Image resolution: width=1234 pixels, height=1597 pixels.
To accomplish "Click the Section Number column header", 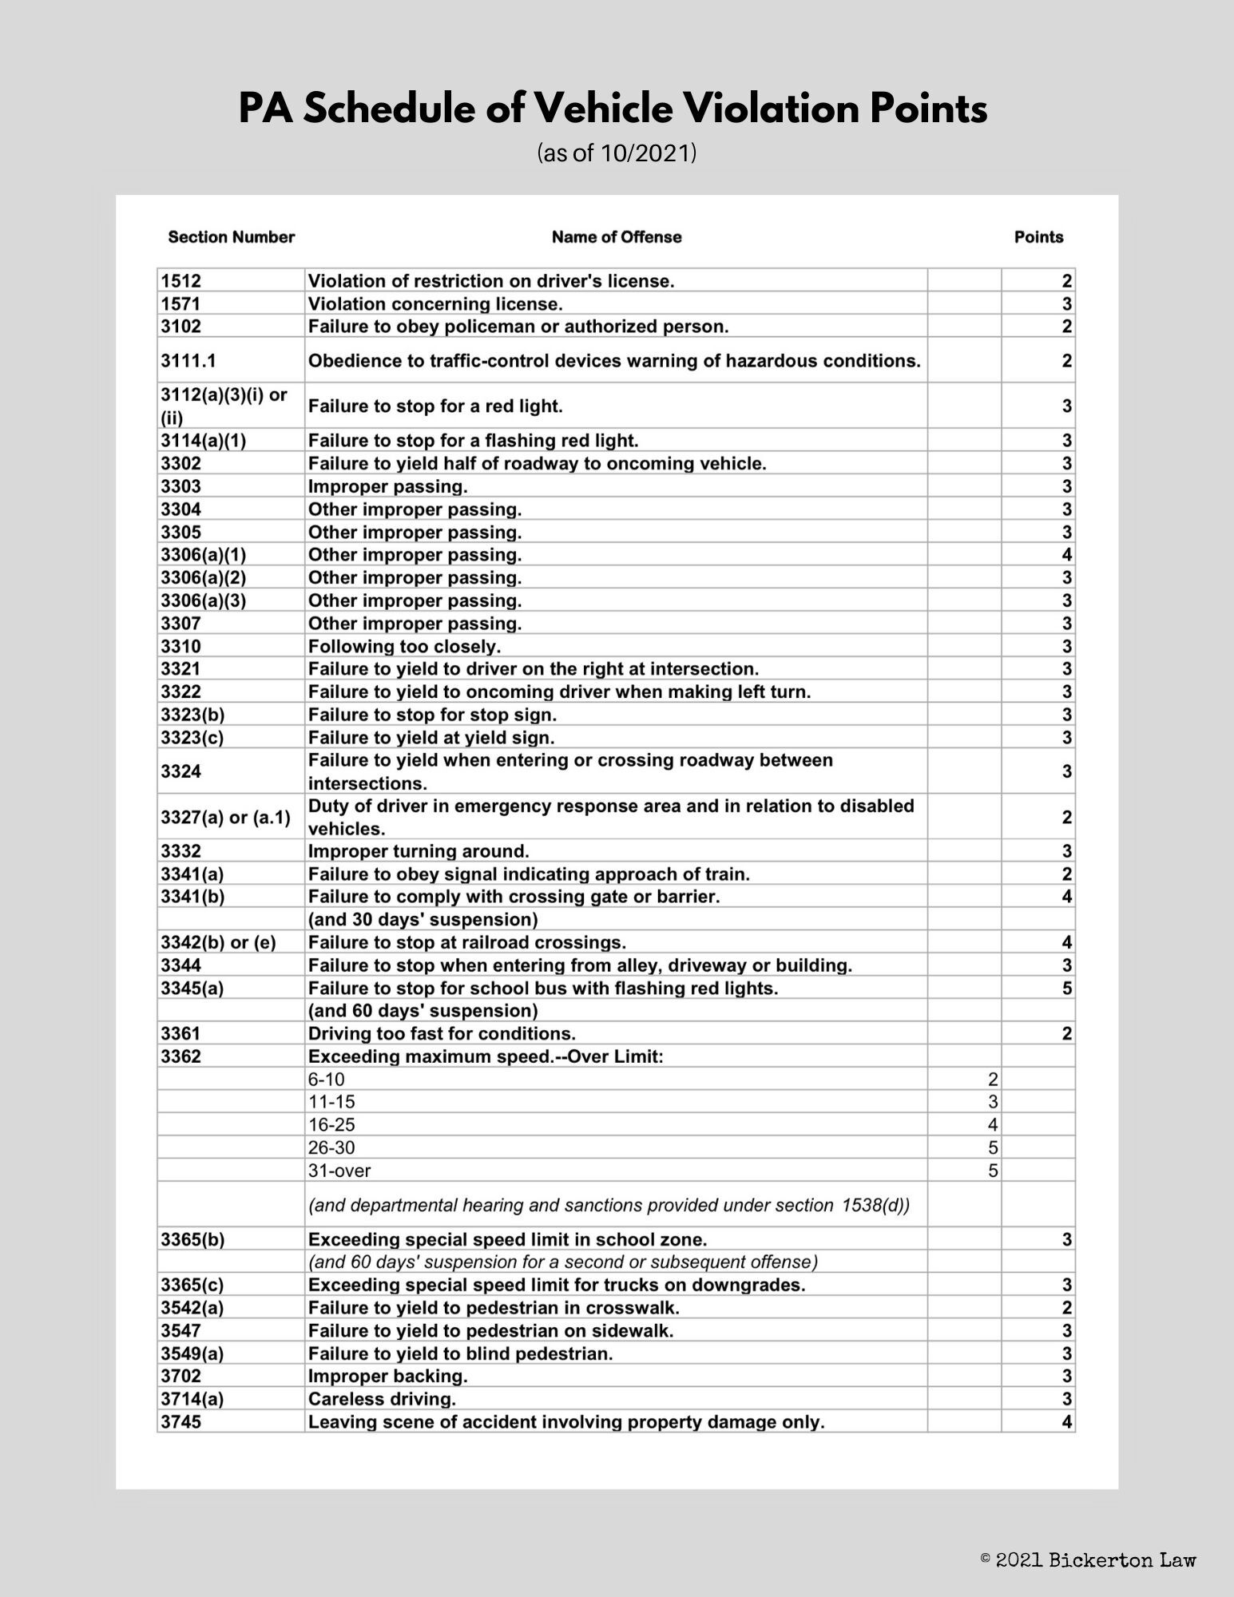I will point(231,237).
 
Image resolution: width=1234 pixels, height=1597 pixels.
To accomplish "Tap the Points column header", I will point(1038,237).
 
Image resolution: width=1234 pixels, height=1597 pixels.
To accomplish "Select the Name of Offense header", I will point(616,237).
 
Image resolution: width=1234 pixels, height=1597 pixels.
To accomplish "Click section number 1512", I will point(181,281).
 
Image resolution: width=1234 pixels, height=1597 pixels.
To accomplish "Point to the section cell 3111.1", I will point(188,361).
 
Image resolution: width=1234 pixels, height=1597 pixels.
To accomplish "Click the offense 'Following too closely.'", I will point(404,646).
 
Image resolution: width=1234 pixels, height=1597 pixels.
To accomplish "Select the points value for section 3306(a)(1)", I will point(1066,555).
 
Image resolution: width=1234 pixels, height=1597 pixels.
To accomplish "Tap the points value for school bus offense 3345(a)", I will point(1066,989).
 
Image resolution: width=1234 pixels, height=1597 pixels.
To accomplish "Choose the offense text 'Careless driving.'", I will point(382,1399).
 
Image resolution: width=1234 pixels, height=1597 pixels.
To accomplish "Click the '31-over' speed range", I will point(339,1171).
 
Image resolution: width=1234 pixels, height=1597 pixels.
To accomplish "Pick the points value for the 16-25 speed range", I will point(993,1125).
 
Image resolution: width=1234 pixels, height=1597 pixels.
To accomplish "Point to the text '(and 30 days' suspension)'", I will point(423,920).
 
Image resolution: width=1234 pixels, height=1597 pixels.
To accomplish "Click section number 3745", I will point(181,1422).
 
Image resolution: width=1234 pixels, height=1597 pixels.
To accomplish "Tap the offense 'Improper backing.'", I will point(387,1377).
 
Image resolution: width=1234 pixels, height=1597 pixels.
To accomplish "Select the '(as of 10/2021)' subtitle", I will point(617,153).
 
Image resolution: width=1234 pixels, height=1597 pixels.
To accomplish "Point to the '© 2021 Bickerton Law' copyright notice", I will point(1088,1559).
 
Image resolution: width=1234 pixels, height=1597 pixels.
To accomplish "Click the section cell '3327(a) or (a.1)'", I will point(225,818).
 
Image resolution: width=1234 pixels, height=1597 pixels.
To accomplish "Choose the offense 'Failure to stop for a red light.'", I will point(435,406).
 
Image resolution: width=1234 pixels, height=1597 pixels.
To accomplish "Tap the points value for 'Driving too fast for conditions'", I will point(1066,1034).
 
